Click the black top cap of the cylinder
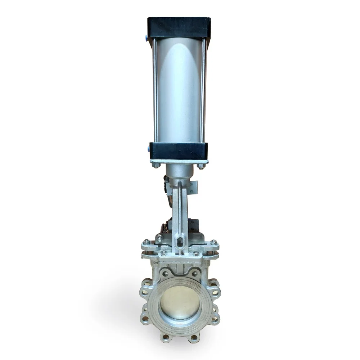tap(179, 27)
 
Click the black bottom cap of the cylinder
tap(179, 151)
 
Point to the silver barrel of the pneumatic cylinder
tap(179, 90)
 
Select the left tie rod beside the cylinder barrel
tap(155, 90)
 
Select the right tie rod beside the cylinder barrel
tap(203, 90)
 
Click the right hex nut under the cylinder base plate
tap(201, 166)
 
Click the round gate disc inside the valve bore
tap(180, 302)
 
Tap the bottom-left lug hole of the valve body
tap(166, 337)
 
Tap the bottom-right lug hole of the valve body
tap(194, 337)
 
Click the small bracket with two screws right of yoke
tap(193, 188)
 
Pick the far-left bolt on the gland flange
tap(146, 242)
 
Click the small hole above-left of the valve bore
tap(165, 274)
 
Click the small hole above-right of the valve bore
tap(195, 274)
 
